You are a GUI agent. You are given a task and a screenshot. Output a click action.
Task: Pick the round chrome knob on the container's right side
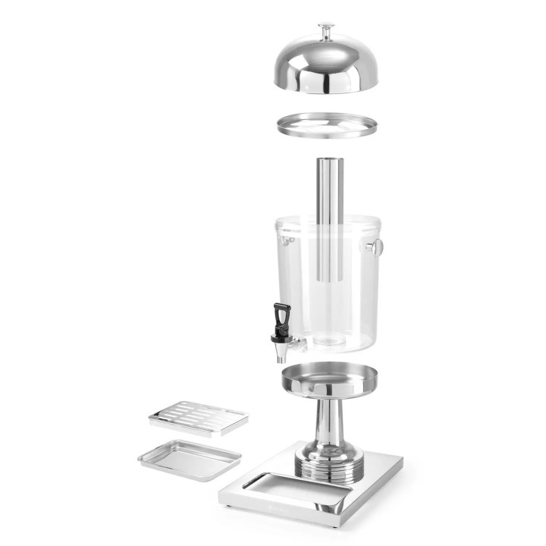[x=375, y=246]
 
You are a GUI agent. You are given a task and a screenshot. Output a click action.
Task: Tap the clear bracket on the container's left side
[x=287, y=240]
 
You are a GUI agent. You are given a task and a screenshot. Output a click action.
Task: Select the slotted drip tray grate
[x=199, y=416]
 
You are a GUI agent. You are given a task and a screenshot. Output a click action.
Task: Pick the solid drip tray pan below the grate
[x=190, y=459]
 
